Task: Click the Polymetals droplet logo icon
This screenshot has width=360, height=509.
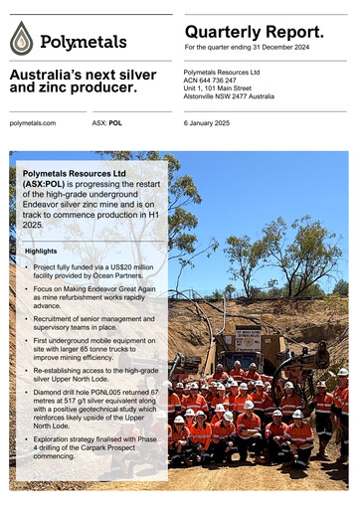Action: click(x=22, y=39)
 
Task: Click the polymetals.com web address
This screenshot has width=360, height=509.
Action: click(x=33, y=122)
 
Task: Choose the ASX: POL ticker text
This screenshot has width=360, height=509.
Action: click(x=107, y=122)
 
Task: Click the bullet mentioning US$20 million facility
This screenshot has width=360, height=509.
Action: click(x=92, y=272)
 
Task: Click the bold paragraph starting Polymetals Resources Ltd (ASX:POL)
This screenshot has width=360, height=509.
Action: click(x=89, y=197)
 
